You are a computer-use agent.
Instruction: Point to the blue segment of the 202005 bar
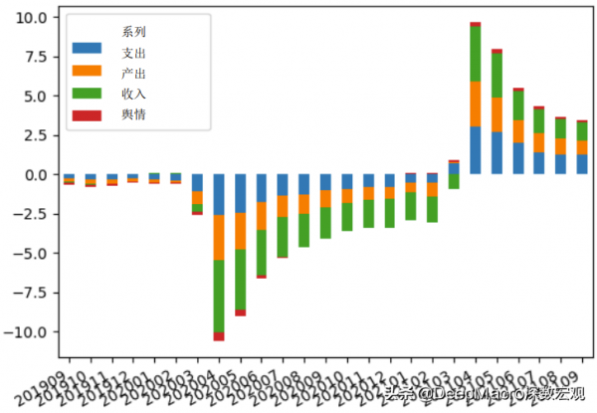pyautogui.click(x=240, y=193)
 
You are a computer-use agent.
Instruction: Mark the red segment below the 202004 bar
pyautogui.click(x=218, y=336)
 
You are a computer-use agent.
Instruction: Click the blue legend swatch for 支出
pyautogui.click(x=88, y=49)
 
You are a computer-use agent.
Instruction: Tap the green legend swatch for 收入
pyautogui.click(x=88, y=94)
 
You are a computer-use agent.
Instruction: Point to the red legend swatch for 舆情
pyautogui.click(x=88, y=115)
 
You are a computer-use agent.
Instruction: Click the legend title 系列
pyautogui.click(x=133, y=30)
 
